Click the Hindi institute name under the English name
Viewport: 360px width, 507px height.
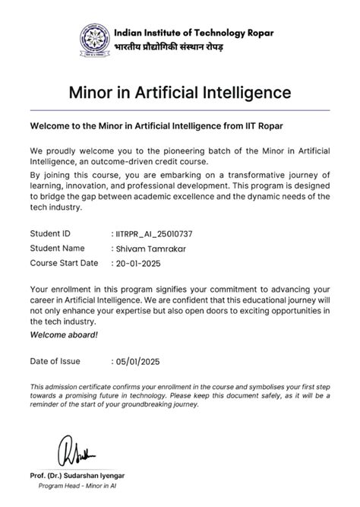(x=169, y=47)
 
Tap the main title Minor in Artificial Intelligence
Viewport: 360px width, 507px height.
(x=180, y=93)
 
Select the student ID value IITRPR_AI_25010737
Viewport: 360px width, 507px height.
(x=154, y=233)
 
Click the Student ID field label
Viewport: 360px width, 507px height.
(x=50, y=233)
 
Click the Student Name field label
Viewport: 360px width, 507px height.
(x=57, y=249)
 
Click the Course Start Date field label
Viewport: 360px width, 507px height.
(x=64, y=264)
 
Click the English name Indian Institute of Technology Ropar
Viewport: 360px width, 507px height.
(x=194, y=33)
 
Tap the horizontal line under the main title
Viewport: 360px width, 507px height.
(x=180, y=111)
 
